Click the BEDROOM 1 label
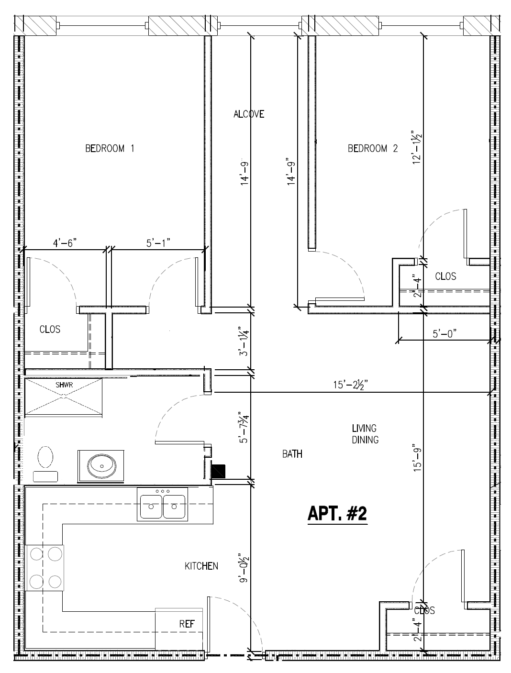[110, 148]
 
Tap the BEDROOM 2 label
[372, 148]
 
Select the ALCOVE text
[248, 114]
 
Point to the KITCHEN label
[201, 566]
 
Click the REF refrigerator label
[187, 624]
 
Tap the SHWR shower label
[63, 385]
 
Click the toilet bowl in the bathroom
[45, 457]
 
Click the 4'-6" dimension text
[65, 243]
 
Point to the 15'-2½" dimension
[350, 385]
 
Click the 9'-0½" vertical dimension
[244, 567]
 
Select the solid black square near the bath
[218, 472]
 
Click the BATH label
[292, 454]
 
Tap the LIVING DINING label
[365, 434]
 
